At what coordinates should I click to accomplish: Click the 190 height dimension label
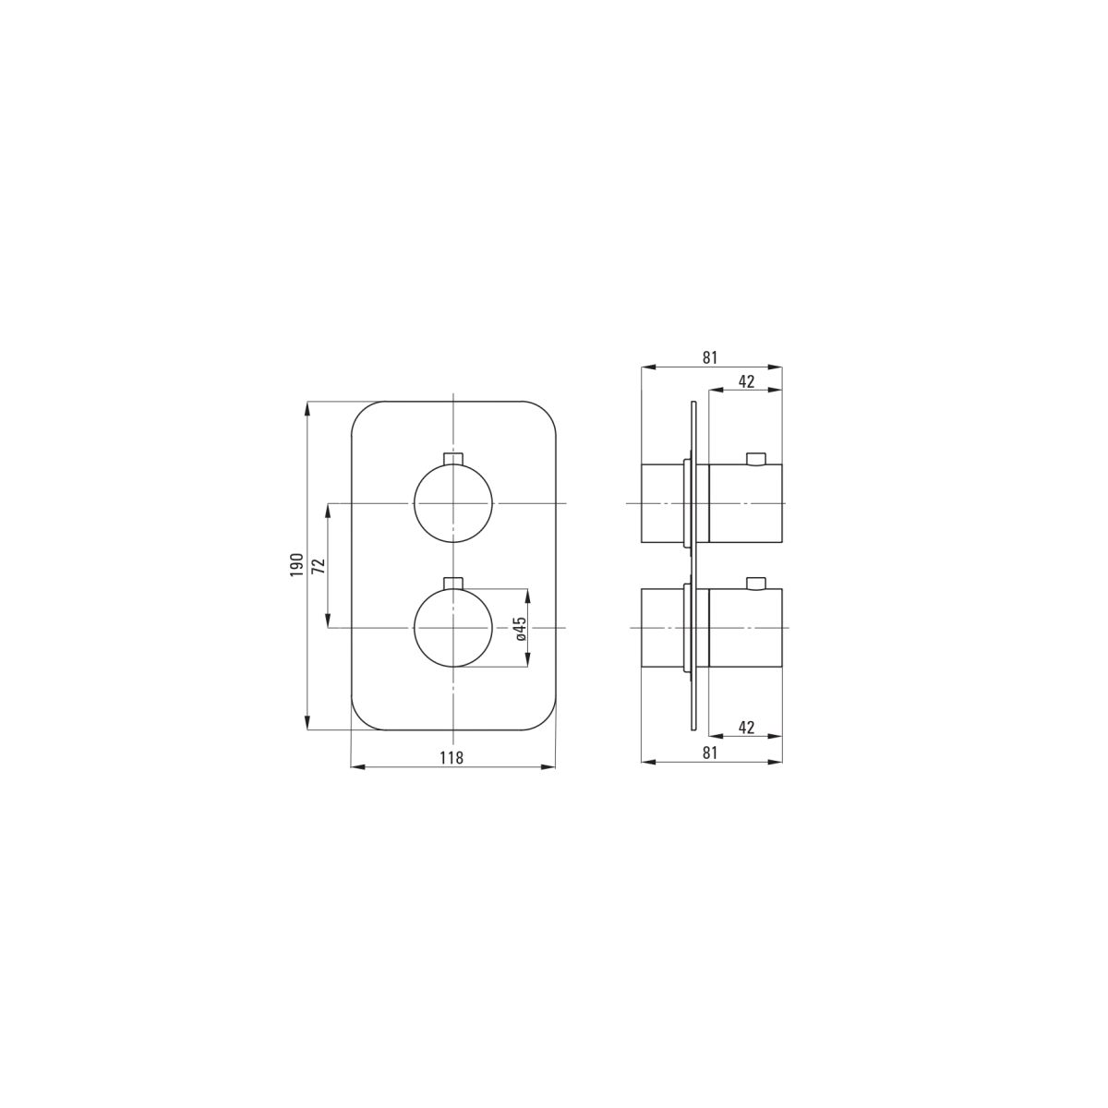[x=296, y=565]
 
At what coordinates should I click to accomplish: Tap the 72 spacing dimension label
[x=320, y=565]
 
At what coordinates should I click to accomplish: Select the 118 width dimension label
[x=452, y=758]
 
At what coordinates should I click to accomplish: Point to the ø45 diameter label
[x=520, y=629]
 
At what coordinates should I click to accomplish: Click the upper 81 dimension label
[x=710, y=357]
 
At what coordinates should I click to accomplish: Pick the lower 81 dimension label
[x=710, y=753]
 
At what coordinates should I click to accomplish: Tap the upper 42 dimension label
[x=746, y=381]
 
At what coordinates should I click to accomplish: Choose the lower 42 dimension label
[x=746, y=728]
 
